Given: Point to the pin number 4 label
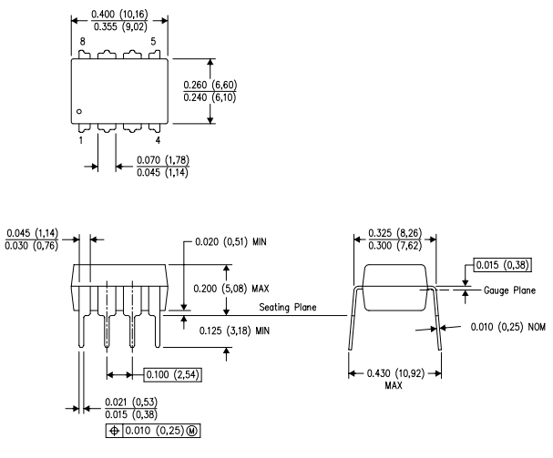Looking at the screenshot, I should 158,140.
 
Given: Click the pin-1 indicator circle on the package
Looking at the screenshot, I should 81,111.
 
